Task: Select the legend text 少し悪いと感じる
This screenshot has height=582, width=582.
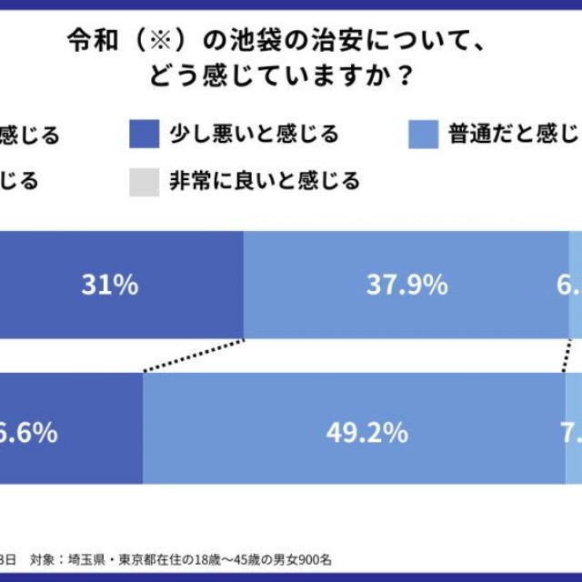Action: pyautogui.click(x=255, y=135)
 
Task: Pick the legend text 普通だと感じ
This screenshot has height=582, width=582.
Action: pyautogui.click(x=513, y=135)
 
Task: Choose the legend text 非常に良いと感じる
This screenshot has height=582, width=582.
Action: pyautogui.click(x=265, y=181)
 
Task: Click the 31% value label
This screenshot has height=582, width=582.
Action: pyautogui.click(x=109, y=286)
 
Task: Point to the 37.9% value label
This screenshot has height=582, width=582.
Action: pyautogui.click(x=406, y=286)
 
